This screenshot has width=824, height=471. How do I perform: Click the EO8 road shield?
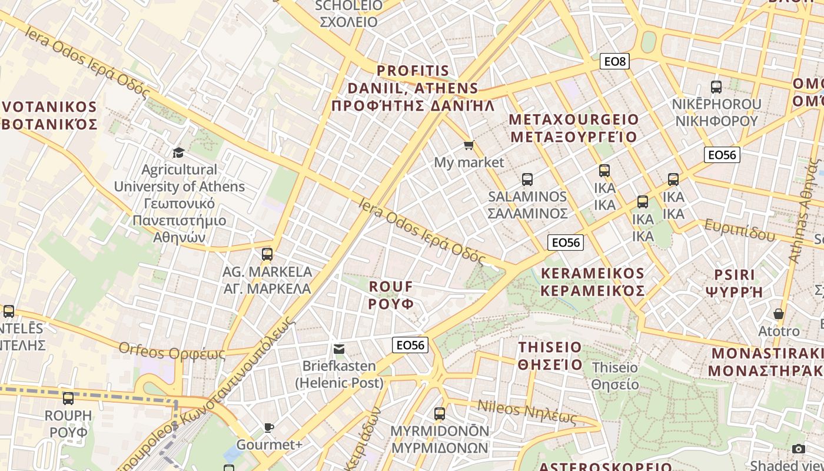point(614,61)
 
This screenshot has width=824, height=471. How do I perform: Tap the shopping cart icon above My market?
point(469,145)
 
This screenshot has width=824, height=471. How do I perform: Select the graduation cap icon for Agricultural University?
point(178,152)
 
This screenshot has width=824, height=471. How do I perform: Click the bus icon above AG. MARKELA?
point(267,254)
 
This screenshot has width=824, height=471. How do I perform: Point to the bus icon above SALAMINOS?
point(527,179)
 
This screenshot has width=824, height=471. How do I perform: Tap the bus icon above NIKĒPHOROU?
point(716,87)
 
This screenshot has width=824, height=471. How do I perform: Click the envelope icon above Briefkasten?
point(339,349)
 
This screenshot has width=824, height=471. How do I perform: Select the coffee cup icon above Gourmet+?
point(269,427)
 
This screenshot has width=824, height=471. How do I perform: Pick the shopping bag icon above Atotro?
point(779,314)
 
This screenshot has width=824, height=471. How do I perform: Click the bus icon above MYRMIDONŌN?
point(440,413)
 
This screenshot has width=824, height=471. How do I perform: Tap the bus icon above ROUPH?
point(68,399)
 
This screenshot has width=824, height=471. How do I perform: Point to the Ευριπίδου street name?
point(739,231)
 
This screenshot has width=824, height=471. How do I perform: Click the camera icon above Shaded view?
point(799,449)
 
